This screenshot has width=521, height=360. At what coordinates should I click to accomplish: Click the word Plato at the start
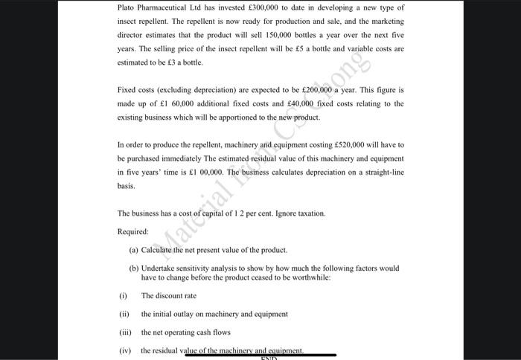127,7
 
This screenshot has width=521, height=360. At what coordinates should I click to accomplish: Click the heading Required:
133,231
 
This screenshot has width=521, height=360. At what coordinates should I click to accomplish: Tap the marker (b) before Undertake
134,268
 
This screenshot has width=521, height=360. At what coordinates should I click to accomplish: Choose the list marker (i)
123,295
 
